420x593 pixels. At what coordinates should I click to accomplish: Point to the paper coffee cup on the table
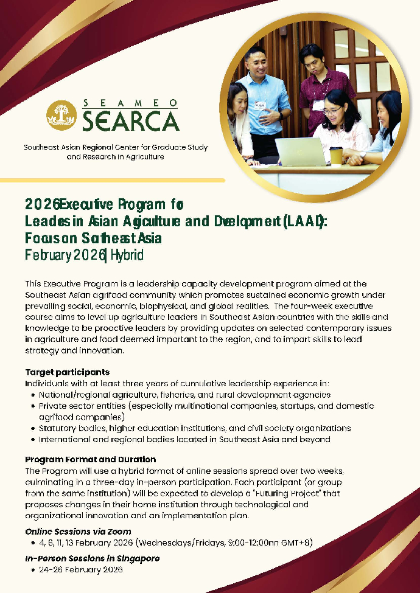(x=336, y=154)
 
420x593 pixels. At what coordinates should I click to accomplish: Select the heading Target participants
(x=67, y=372)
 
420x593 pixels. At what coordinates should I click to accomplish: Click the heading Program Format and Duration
(x=90, y=459)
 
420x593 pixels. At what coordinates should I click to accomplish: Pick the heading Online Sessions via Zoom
(x=78, y=532)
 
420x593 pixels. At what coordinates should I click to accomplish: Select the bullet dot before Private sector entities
(x=32, y=406)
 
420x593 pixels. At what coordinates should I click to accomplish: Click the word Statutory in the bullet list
(x=58, y=428)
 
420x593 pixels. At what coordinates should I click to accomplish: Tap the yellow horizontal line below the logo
(x=113, y=180)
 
